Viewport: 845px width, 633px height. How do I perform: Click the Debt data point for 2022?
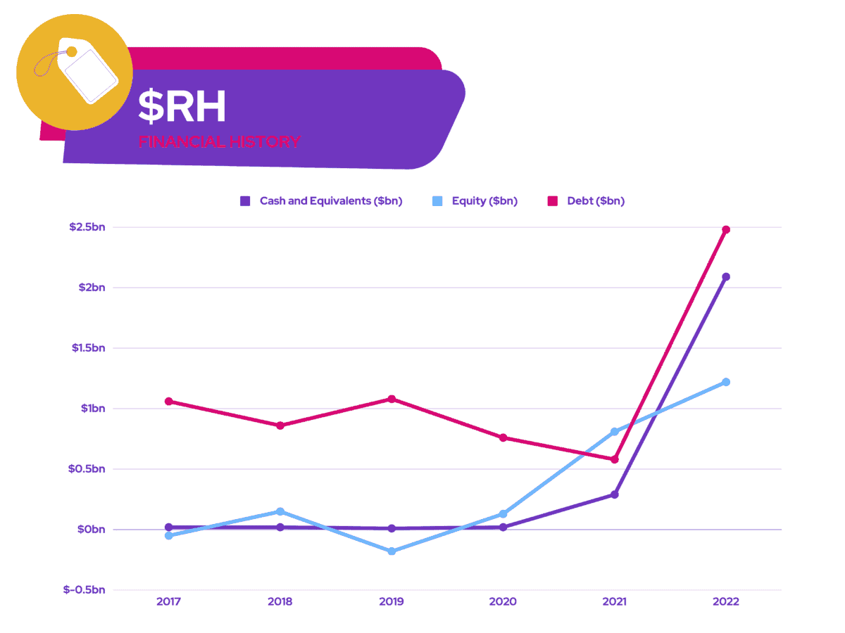726,229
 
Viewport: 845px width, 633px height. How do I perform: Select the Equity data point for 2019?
392,551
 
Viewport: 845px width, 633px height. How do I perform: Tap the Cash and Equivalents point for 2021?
615,494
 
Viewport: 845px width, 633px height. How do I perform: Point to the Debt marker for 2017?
169,402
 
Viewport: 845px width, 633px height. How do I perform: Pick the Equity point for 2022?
726,382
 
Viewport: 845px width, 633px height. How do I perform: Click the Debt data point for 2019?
392,399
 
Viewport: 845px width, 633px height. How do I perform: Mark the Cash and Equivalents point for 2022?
726,276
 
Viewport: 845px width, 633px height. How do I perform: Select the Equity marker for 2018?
280,511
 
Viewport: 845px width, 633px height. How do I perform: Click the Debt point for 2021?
615,459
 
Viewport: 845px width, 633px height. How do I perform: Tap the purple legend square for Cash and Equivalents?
245,201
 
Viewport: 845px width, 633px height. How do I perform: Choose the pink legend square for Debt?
553,201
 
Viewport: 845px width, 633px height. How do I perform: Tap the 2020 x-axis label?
503,602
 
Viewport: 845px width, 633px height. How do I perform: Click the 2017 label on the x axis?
169,602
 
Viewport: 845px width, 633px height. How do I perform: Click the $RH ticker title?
182,107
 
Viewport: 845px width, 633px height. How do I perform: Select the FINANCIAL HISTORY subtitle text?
219,141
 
